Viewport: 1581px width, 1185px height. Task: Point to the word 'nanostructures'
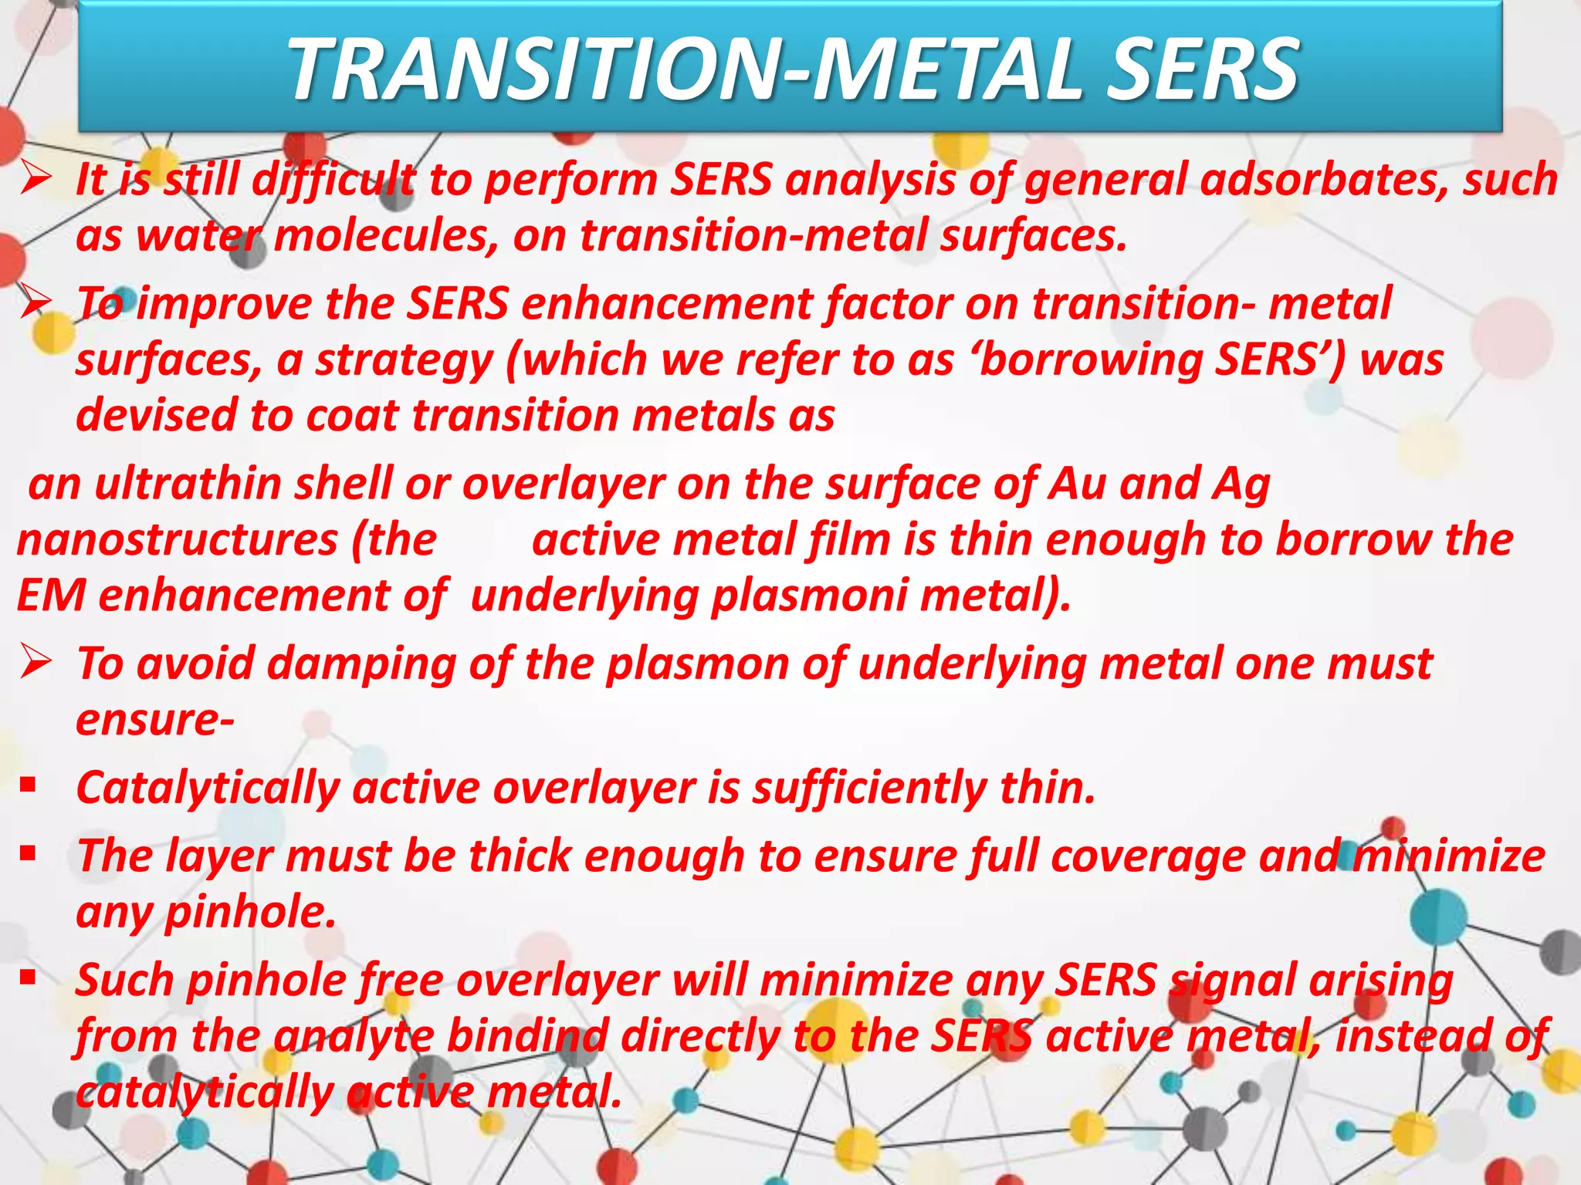coord(177,540)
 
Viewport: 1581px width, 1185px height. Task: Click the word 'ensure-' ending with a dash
coord(155,721)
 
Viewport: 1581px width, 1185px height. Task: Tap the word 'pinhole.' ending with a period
coord(251,913)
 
